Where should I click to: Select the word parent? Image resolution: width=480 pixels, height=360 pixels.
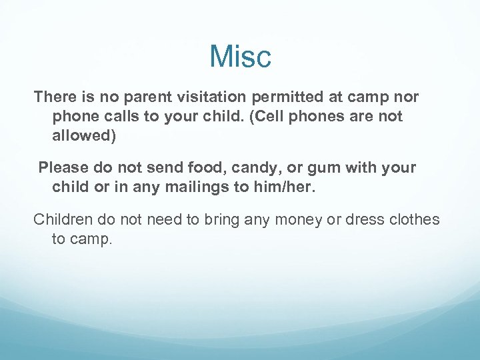[139, 97]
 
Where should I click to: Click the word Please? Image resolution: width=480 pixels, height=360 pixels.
[63, 168]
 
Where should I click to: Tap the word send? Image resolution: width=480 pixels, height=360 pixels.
[152, 168]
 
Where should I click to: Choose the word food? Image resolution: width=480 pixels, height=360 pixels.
[193, 168]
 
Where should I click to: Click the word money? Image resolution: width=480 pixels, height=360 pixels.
[296, 219]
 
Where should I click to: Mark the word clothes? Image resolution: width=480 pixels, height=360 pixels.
[416, 219]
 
